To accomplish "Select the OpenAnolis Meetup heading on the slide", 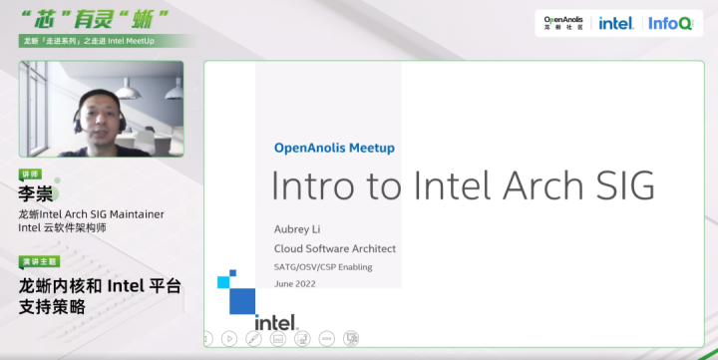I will tap(334, 148).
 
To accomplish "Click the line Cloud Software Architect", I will tap(334, 248).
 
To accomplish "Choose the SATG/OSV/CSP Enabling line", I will tap(322, 266).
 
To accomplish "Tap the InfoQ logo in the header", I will tap(670, 23).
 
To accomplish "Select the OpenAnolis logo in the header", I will tap(564, 22).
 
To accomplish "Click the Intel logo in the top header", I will tap(615, 23).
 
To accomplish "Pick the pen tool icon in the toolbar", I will tap(253, 338).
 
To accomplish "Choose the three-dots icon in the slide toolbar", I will tap(326, 338).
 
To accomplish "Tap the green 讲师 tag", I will tap(32, 175).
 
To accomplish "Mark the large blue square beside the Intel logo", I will tap(242, 300).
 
